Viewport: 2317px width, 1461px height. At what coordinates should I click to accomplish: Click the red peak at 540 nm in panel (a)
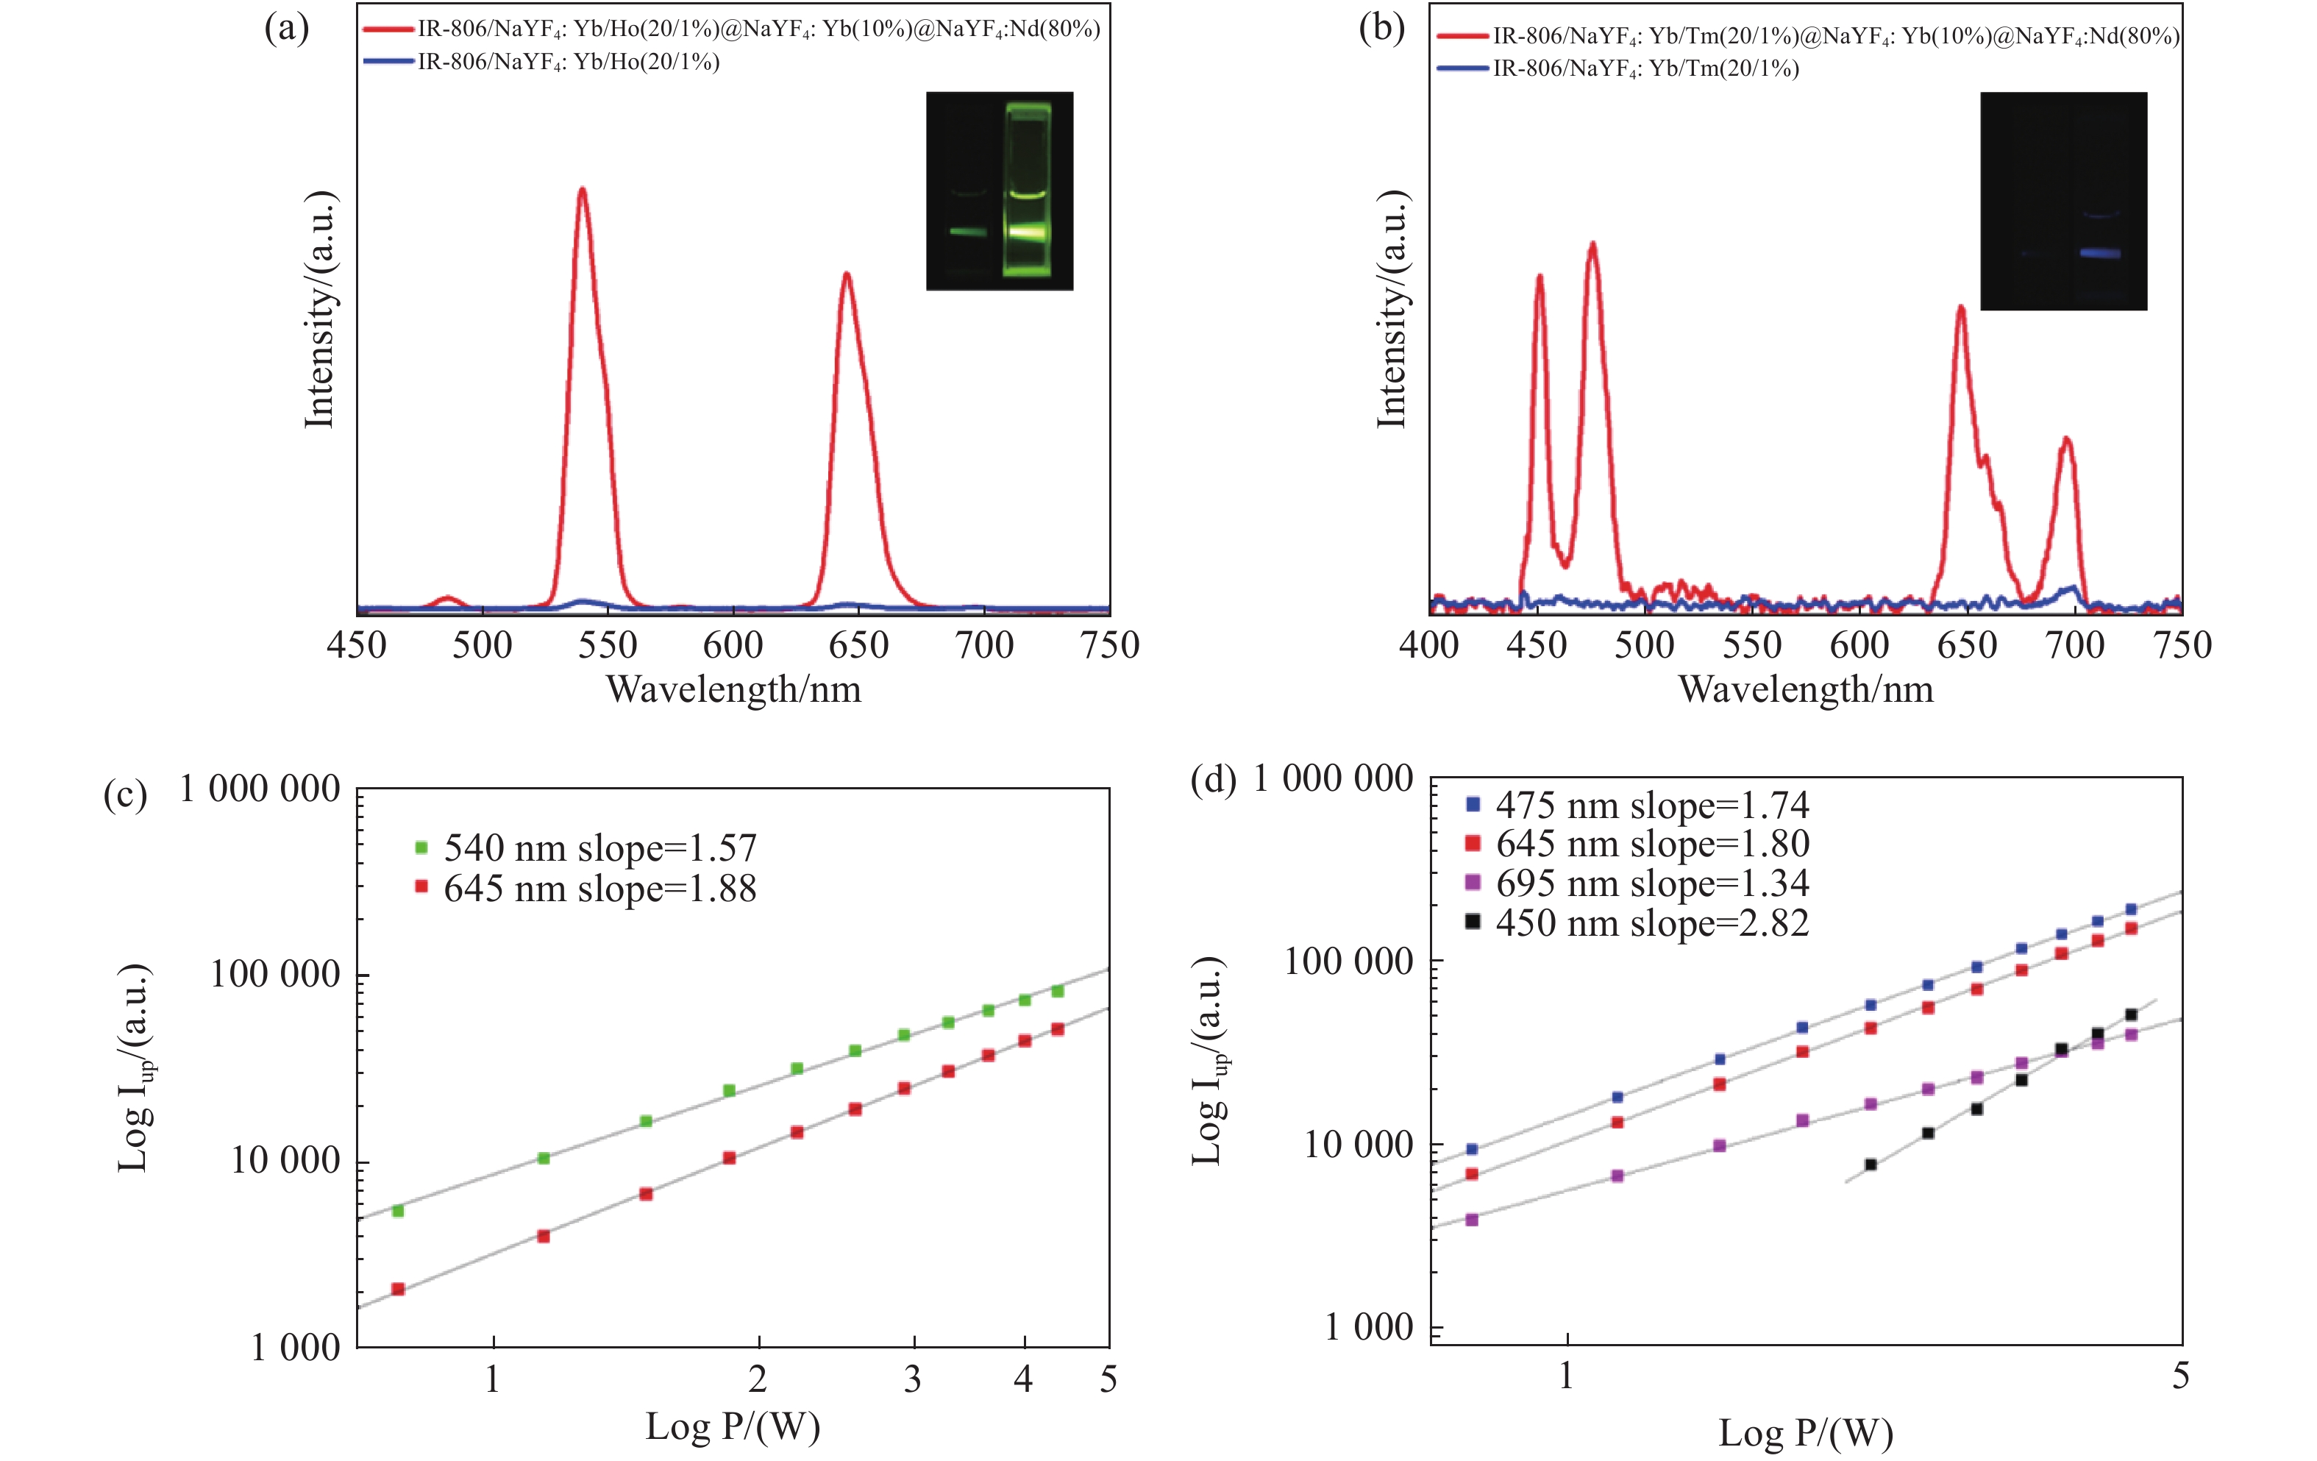pos(581,191)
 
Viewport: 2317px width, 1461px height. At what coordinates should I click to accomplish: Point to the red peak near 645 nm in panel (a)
pos(846,275)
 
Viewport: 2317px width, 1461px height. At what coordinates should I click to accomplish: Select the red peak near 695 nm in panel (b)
pos(2065,440)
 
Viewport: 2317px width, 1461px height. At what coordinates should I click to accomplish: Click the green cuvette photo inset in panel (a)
pos(999,191)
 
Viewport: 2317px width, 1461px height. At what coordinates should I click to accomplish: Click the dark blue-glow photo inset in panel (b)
pos(2063,200)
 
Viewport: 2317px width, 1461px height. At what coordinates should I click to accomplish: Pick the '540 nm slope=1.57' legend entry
pos(587,848)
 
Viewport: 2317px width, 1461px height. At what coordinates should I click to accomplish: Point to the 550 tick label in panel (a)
pos(607,646)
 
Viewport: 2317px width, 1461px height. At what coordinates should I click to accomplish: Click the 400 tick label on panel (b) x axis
pos(1429,646)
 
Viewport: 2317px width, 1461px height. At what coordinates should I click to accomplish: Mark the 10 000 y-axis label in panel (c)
pos(285,1161)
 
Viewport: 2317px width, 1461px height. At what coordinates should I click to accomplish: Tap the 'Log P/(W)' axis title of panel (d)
pos(1805,1434)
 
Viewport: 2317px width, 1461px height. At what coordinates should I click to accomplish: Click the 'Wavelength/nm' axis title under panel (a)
pos(733,690)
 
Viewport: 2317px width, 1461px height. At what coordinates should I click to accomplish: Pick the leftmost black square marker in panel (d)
pos(1871,1165)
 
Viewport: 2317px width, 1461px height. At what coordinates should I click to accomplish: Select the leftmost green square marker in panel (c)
pos(397,1211)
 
